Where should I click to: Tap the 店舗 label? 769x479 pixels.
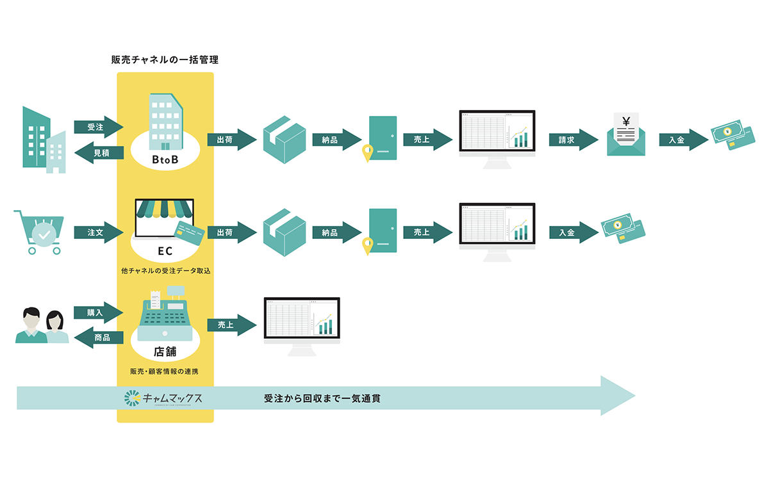[x=165, y=351]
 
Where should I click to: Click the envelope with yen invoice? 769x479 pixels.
[x=626, y=135]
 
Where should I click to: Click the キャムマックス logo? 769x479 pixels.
[x=164, y=399]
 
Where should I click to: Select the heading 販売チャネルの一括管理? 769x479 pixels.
[x=165, y=60]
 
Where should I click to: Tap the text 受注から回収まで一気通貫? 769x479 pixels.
[x=322, y=399]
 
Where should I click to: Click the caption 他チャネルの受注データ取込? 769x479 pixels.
[x=165, y=271]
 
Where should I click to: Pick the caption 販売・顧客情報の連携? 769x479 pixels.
[x=165, y=371]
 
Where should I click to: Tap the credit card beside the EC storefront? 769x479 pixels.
[x=190, y=234]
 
